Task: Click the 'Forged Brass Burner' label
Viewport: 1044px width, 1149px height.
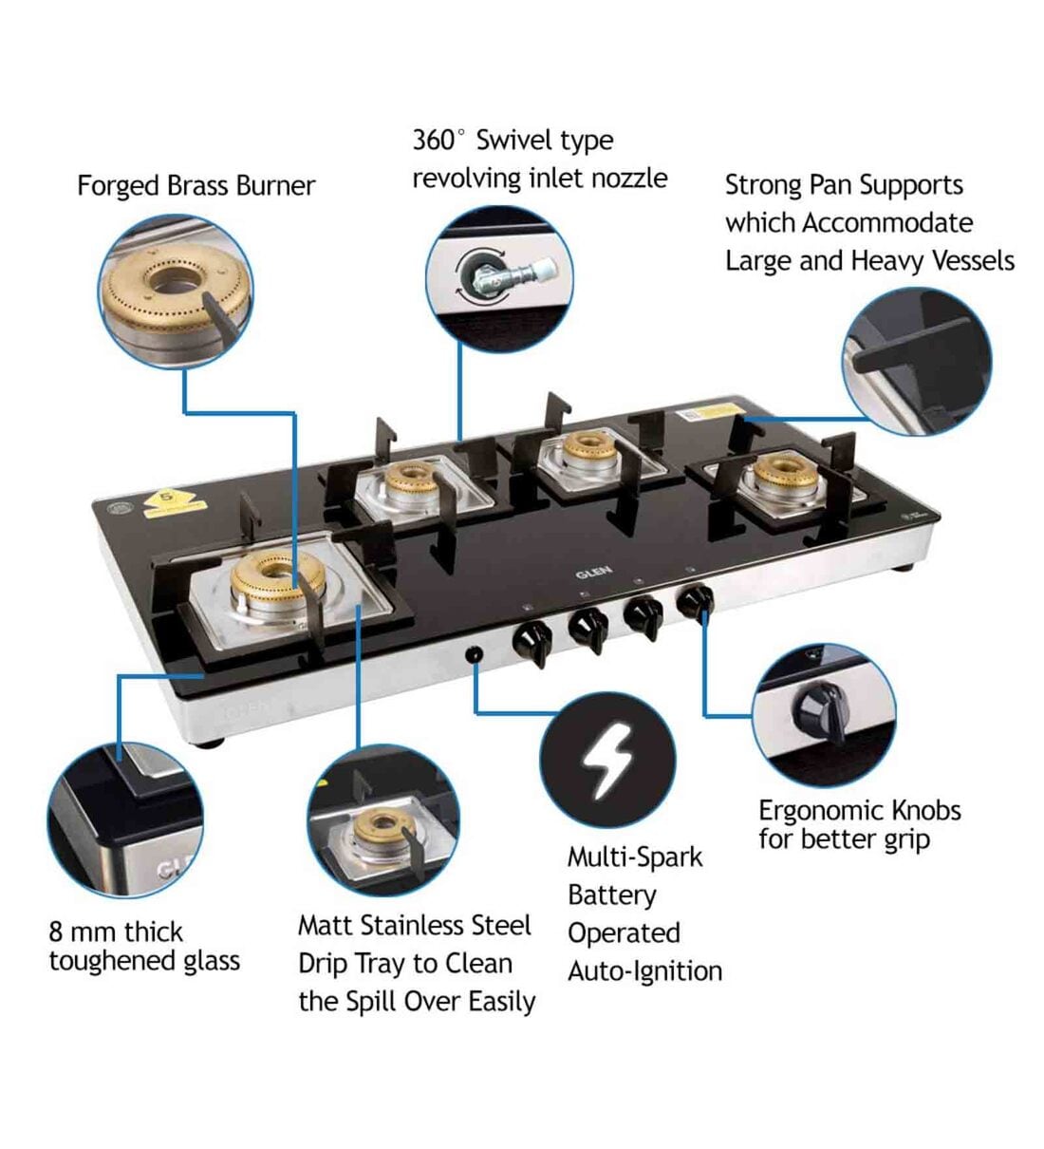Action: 196,185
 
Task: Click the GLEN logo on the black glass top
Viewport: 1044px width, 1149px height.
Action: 594,572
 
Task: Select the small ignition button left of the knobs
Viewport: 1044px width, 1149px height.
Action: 474,654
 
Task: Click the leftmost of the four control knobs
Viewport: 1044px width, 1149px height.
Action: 531,639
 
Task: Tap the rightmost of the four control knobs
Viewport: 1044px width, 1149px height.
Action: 696,602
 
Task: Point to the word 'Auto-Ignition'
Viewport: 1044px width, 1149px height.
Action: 644,971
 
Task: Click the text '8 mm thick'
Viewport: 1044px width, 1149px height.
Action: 115,932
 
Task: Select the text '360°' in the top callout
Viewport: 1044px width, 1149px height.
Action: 438,141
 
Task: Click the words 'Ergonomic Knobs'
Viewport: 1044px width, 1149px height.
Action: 859,810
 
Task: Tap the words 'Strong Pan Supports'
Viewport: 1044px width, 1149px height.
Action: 844,185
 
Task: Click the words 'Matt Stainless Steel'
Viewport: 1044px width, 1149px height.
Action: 414,925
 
